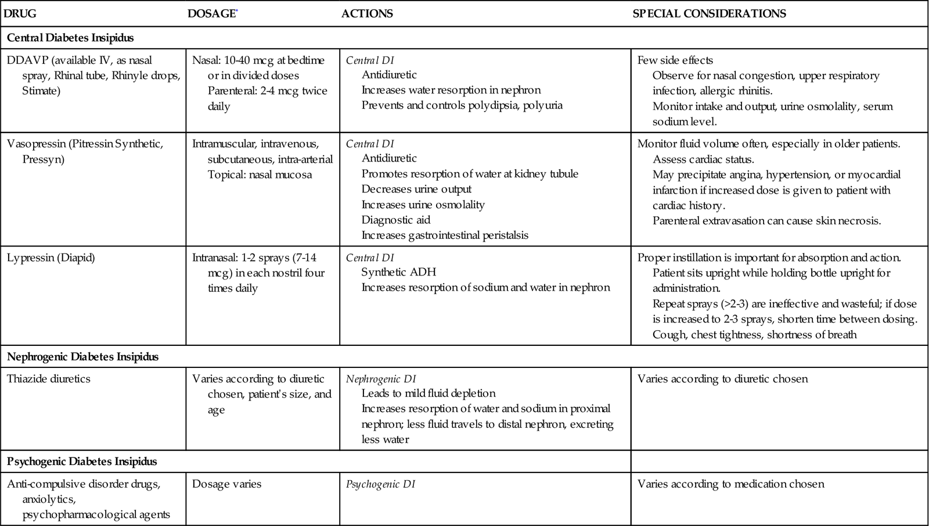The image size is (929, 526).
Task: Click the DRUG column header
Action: pos(20,13)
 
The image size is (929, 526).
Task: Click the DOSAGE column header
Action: pos(211,13)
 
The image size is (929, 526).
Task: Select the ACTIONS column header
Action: pos(367,13)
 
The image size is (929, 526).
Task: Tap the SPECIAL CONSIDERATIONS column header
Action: pos(709,13)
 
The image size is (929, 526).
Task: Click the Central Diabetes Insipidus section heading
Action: pos(70,38)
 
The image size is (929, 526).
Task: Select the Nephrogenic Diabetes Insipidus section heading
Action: pos(82,356)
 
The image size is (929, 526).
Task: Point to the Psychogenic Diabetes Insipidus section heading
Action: pos(82,461)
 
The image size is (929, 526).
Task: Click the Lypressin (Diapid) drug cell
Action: pos(51,257)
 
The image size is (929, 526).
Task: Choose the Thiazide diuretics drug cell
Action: pos(49,378)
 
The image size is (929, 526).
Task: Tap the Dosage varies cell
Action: pos(226,484)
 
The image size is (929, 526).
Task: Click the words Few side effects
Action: pos(675,60)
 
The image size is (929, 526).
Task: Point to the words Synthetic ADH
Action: pos(398,272)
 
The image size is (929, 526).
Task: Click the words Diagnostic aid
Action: pos(396,220)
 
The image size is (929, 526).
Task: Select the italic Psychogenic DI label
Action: pos(380,484)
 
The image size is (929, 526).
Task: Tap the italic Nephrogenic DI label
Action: pos(381,379)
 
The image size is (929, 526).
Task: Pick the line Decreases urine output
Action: pos(416,189)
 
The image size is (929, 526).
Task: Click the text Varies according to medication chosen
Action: pos(730,484)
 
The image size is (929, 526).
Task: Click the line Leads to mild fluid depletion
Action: pos(429,393)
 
